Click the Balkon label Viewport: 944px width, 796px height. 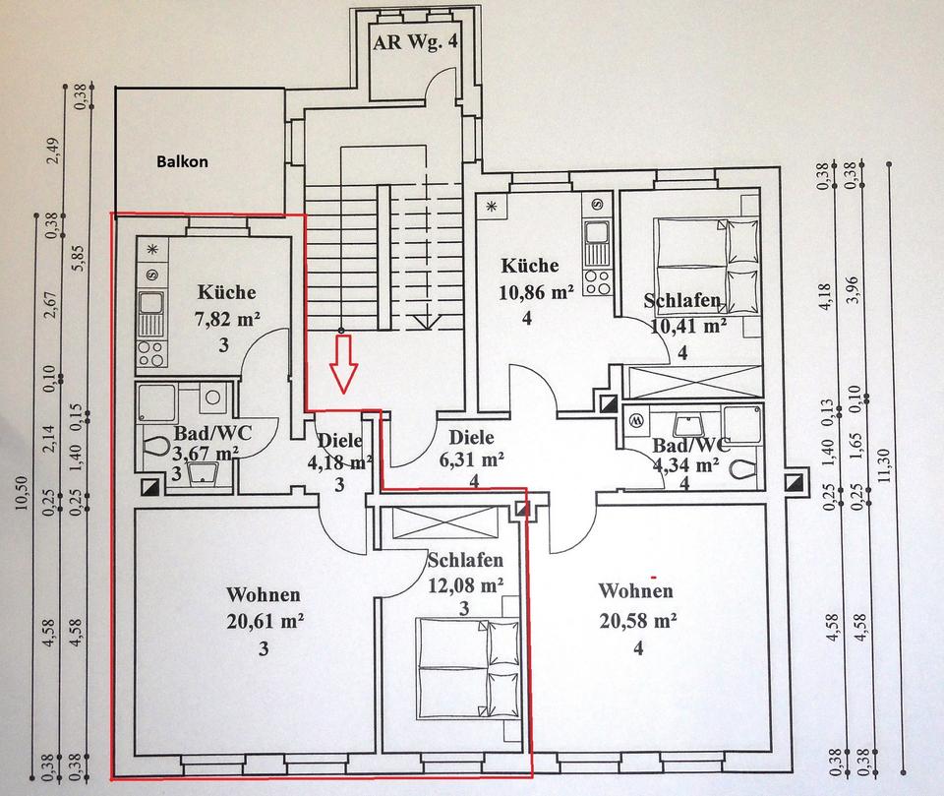(x=183, y=161)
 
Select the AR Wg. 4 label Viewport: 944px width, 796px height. (x=415, y=42)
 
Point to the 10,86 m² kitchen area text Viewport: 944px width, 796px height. (x=536, y=292)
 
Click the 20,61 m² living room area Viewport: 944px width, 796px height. (x=265, y=621)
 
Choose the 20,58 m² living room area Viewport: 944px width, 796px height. (x=638, y=620)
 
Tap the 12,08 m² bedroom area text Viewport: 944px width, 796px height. (x=465, y=584)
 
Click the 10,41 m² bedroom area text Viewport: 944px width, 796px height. (x=688, y=326)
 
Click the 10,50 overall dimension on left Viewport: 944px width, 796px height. (x=23, y=492)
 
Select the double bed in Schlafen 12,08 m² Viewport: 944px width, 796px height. (x=467, y=667)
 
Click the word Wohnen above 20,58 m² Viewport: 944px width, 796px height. (x=636, y=590)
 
